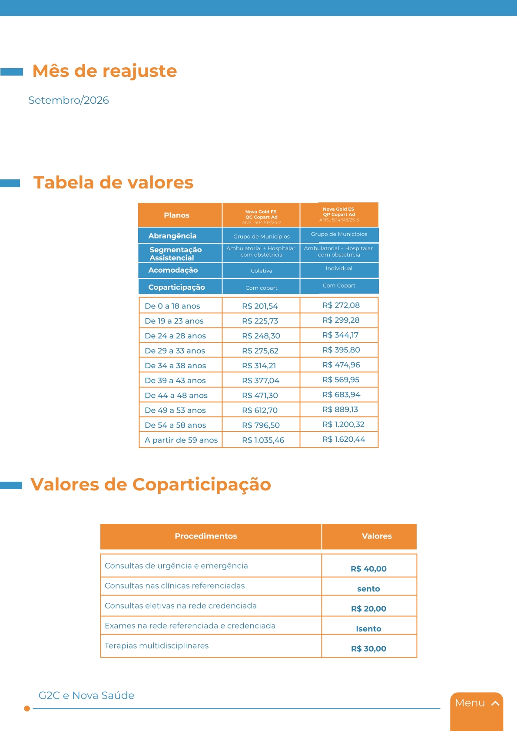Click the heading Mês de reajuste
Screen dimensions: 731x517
coord(105,71)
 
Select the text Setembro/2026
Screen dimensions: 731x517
coord(69,100)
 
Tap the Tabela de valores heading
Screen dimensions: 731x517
coord(113,182)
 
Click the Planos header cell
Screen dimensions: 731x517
coord(177,215)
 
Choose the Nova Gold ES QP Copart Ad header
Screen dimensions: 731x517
coord(339,214)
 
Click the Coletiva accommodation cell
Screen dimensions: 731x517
coord(262,271)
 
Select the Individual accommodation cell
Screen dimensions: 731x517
coord(339,268)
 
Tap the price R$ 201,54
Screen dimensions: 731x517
coord(260,306)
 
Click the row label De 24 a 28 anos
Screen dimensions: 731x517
coord(175,336)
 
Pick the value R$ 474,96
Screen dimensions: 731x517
coord(341,365)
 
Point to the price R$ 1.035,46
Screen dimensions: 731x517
coord(263,440)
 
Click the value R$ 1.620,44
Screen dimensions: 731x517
coord(344,439)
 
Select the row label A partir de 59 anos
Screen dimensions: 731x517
coord(181,440)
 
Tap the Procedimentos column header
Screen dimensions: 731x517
coord(206,536)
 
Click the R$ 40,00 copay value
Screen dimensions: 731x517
coord(368,569)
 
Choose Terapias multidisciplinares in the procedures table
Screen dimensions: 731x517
coord(157,645)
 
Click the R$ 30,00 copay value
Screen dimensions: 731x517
coord(368,648)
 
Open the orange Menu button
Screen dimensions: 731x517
coord(477,703)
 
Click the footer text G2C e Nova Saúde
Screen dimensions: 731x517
coord(86,695)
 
